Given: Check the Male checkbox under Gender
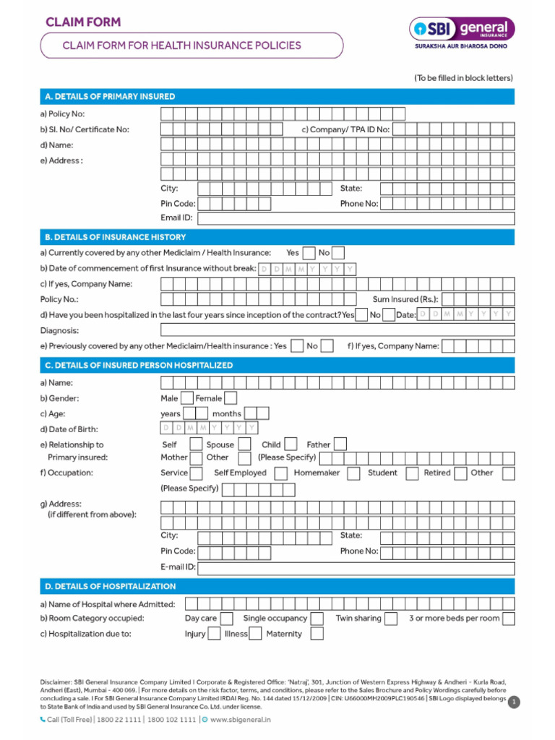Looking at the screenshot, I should [x=186, y=398].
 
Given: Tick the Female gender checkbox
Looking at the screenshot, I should [x=231, y=398].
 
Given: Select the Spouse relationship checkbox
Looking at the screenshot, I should [x=245, y=444].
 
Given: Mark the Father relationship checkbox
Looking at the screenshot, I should [x=340, y=444].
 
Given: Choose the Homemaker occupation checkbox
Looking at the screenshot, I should [x=353, y=473].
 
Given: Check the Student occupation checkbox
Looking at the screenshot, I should [x=412, y=473].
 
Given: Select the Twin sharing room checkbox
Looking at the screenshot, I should [x=391, y=619].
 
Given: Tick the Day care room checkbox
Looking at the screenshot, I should [x=226, y=619].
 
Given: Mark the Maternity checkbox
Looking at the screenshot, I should [x=317, y=634].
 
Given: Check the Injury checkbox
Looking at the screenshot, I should [x=214, y=634].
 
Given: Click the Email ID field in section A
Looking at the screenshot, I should [x=356, y=218].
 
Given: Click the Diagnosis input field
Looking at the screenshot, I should [x=337, y=330].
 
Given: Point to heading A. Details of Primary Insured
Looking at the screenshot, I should [x=110, y=96].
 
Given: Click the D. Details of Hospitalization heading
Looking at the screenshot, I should [x=110, y=586].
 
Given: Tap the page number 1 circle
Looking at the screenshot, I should [x=514, y=702].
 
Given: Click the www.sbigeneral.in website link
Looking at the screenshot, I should [x=240, y=720].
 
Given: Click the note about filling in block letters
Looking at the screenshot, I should [x=463, y=78].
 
